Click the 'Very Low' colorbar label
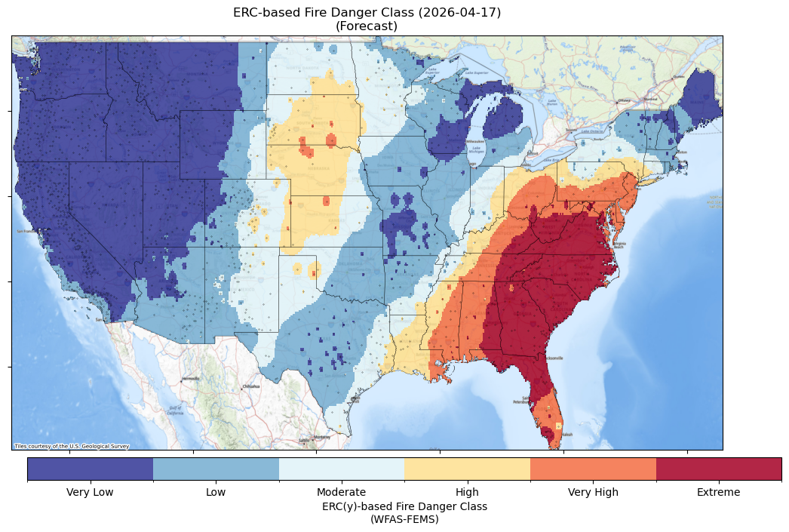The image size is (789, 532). [90, 493]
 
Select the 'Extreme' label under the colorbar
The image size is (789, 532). [718, 493]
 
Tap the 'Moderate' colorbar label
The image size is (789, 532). [341, 493]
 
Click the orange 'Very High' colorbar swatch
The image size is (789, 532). [593, 469]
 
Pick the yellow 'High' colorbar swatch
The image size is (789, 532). [467, 469]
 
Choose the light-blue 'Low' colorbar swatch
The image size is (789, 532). [216, 469]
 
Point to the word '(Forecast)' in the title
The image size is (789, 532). [367, 26]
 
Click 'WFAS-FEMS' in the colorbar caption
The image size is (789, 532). [404, 519]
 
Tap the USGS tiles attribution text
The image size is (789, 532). [72, 446]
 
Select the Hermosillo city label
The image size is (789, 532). [190, 378]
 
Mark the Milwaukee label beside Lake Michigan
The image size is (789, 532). [475, 141]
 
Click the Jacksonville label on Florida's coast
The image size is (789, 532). [553, 358]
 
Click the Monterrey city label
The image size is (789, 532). [322, 437]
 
